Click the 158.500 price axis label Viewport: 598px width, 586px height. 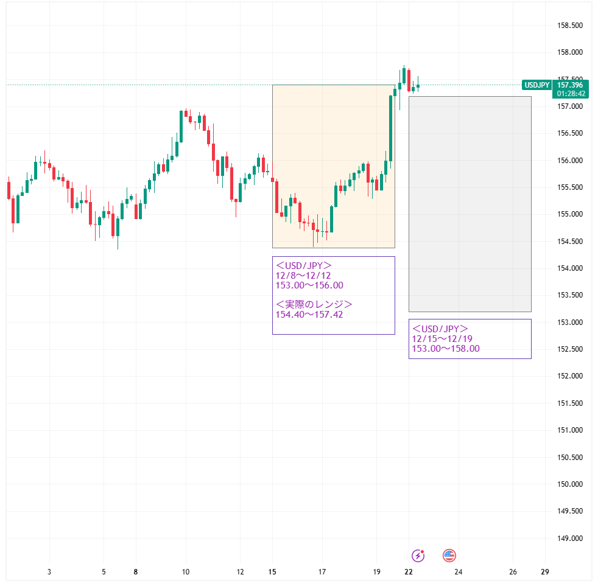coord(571,26)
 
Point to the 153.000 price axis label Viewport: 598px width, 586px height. coord(571,323)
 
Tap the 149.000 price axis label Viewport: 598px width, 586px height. coord(571,539)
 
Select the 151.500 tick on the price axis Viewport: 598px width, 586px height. coord(571,403)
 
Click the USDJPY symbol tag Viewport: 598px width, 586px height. coord(537,85)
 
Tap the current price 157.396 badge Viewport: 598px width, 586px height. coord(571,85)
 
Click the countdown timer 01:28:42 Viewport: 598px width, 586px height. coord(571,94)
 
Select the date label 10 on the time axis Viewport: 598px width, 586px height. coord(186,572)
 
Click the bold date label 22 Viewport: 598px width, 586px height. coord(409,572)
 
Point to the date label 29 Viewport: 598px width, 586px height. coord(545,572)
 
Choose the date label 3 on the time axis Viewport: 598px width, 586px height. coord(49,572)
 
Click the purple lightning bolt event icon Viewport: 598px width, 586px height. coord(418,555)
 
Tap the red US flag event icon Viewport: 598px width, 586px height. coord(449,555)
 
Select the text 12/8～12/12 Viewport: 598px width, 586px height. coord(303,276)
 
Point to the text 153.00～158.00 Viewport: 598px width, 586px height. coord(446,349)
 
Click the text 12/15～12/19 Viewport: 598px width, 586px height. coord(443,339)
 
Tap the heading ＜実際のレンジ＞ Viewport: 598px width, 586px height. coord(314,304)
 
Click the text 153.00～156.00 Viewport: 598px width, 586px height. coord(309,285)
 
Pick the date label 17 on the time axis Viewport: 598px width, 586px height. coord(322,572)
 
